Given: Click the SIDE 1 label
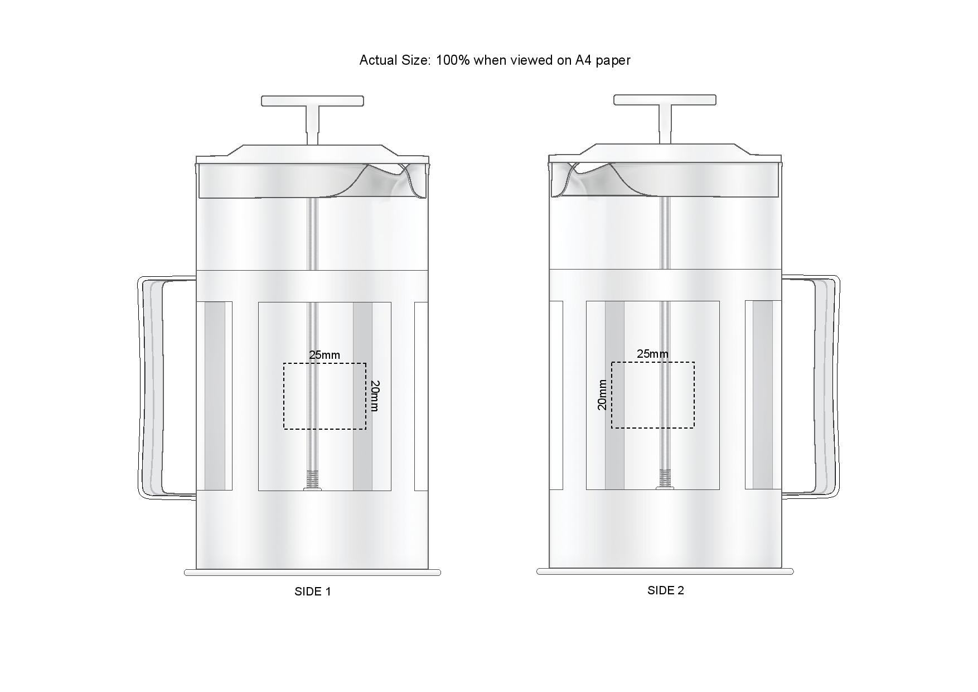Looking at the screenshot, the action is click(313, 592).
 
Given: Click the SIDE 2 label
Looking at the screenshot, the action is click(666, 590).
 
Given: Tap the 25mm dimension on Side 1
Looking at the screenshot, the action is click(325, 355).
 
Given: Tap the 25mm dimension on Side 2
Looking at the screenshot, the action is click(652, 354).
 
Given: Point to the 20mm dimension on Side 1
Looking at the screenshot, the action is click(375, 396).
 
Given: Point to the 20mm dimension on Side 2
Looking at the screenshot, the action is click(602, 395).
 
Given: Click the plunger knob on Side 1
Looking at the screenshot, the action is click(313, 101).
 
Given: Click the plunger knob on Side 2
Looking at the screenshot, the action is click(665, 100).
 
